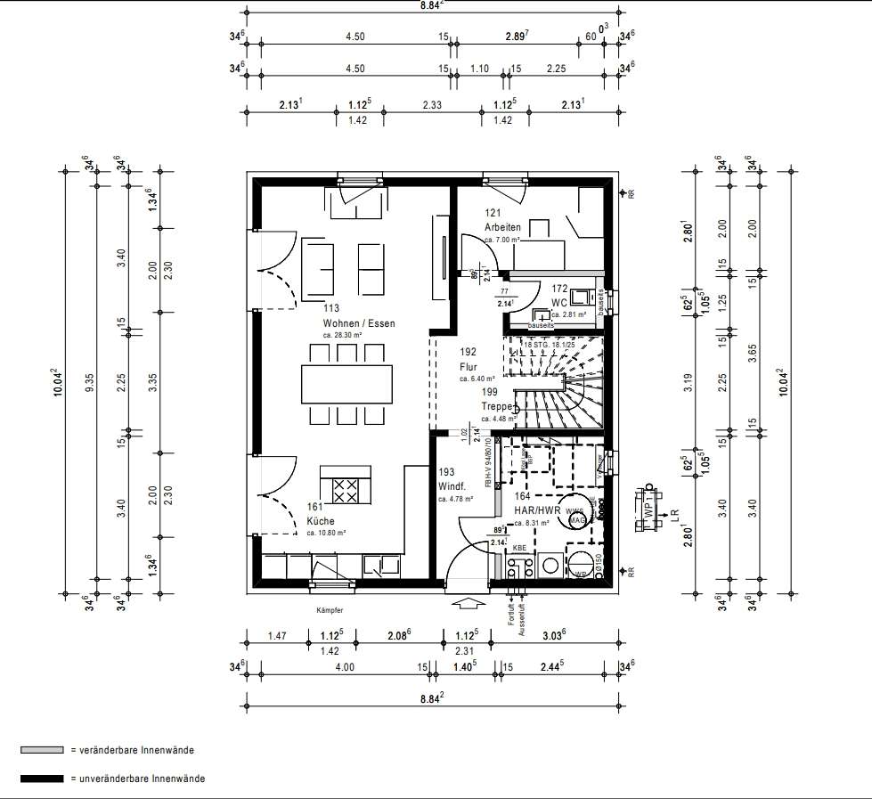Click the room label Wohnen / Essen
click(x=358, y=323)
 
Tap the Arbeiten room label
click(x=502, y=226)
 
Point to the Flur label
click(x=469, y=366)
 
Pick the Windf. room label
click(x=452, y=486)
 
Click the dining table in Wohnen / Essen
click(x=346, y=385)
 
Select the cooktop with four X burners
click(x=346, y=490)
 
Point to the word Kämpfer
click(x=329, y=610)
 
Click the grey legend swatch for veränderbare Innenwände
click(x=42, y=751)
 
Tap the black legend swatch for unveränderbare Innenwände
click(x=42, y=779)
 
